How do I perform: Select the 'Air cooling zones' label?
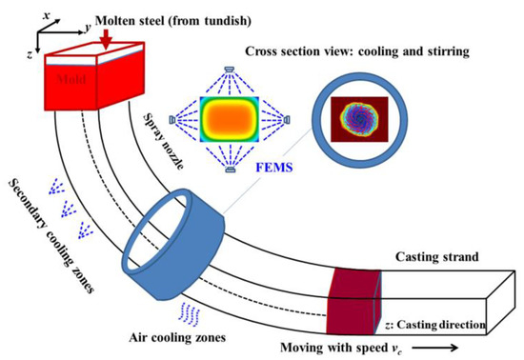click(172, 336)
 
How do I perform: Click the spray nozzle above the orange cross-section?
click(230, 69)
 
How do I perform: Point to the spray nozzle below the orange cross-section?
click(230, 170)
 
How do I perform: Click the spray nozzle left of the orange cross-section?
click(172, 120)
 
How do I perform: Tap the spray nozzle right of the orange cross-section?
click(287, 120)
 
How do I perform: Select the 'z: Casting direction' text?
click(444, 326)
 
